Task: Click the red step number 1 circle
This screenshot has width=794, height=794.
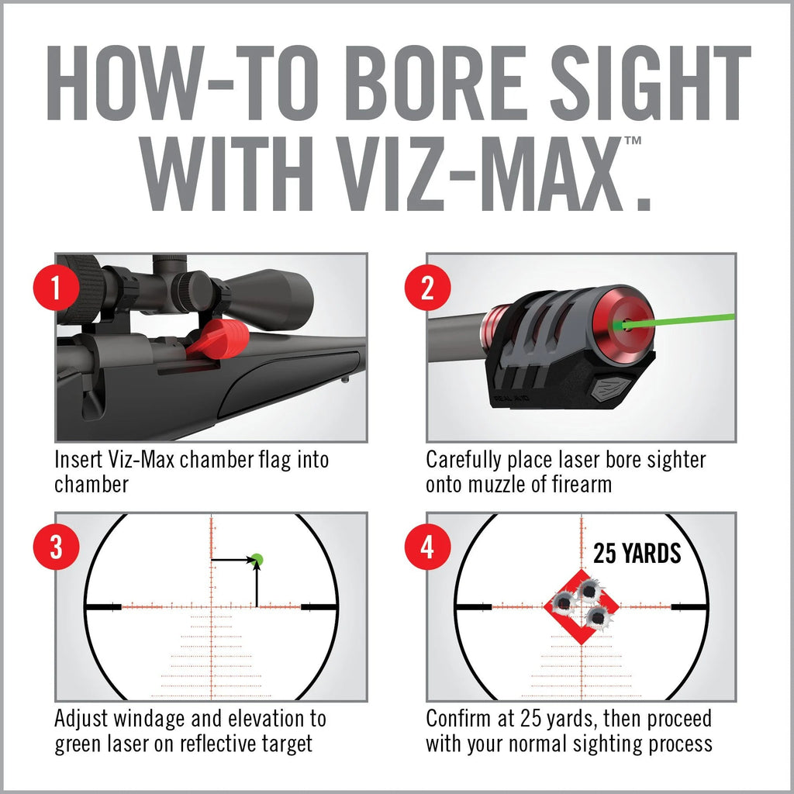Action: click(55, 289)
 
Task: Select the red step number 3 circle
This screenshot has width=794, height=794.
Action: click(55, 548)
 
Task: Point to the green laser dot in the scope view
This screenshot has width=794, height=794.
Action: click(257, 559)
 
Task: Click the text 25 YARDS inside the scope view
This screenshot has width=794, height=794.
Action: click(637, 554)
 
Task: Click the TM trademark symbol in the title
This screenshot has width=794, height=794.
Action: click(632, 142)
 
